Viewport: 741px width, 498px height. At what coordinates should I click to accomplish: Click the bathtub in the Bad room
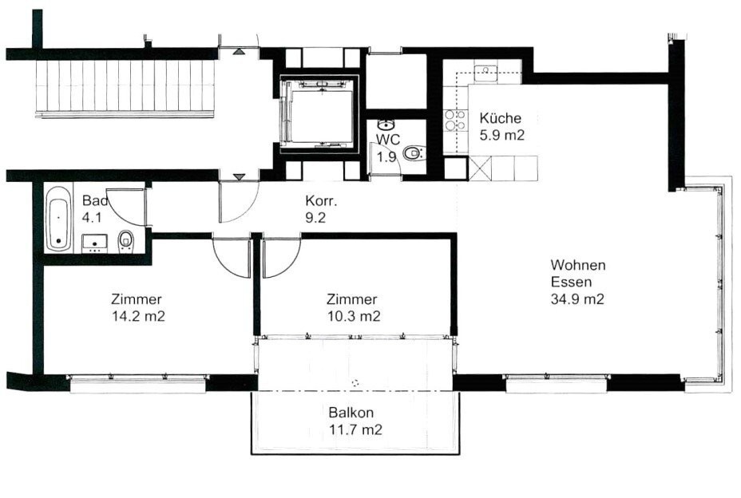(57, 218)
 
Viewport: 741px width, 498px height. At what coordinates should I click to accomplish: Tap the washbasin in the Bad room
(95, 242)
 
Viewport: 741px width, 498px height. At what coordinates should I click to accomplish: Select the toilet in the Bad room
(126, 239)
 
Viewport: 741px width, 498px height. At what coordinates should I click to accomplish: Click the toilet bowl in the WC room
(413, 155)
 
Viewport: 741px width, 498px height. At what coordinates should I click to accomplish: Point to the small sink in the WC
(386, 125)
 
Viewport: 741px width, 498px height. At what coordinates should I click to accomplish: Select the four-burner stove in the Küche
(455, 121)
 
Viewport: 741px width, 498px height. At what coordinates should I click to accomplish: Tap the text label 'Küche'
(501, 119)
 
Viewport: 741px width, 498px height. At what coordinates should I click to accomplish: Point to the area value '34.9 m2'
(577, 300)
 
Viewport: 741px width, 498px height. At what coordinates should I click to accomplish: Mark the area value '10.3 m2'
(353, 316)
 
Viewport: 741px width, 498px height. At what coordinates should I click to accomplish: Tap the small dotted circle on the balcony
(355, 383)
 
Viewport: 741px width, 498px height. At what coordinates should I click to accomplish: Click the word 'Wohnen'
(577, 265)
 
